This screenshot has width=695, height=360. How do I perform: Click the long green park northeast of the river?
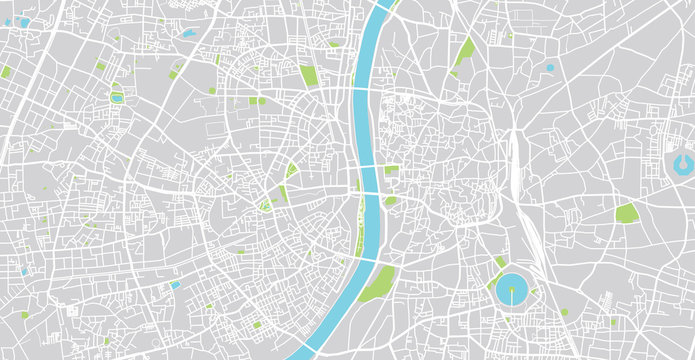(464, 51)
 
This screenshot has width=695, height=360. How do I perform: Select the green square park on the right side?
(627, 213)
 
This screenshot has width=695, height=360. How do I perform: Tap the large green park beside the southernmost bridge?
(378, 284)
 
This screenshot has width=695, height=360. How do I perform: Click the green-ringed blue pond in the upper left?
(117, 98)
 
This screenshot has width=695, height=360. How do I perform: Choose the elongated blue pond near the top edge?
(187, 33)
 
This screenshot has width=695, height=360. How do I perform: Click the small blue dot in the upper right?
(549, 68)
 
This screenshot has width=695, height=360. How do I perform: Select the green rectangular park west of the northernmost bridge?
(309, 75)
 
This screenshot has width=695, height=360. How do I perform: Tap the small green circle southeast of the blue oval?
(564, 312)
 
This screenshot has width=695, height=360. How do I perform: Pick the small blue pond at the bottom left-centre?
(175, 284)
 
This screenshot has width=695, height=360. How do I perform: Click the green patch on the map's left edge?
(6, 72)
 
